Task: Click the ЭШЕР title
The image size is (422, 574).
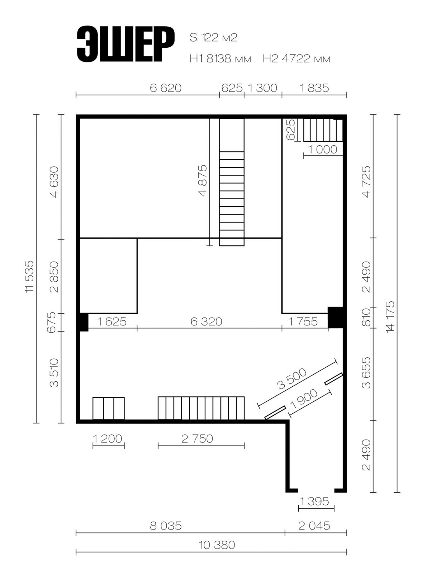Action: point(125,44)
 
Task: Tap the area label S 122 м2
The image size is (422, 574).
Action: point(213,38)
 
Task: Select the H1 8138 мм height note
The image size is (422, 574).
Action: point(221,59)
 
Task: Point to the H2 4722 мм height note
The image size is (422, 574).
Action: point(297,59)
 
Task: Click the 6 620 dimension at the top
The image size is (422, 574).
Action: point(166,88)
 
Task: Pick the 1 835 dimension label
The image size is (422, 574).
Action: point(314,88)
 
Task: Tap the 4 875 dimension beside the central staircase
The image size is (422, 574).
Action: point(202,180)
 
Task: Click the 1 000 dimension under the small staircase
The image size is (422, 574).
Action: point(323,149)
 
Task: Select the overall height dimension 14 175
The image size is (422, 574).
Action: point(390,317)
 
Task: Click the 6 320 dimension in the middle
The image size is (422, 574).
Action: point(206,321)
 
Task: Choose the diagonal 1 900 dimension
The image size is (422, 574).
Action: point(304,399)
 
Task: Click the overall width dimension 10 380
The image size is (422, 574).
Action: point(217,545)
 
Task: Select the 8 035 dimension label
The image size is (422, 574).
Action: point(166,526)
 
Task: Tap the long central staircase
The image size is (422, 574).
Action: point(232,182)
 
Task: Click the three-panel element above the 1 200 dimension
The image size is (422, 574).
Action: point(109,409)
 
